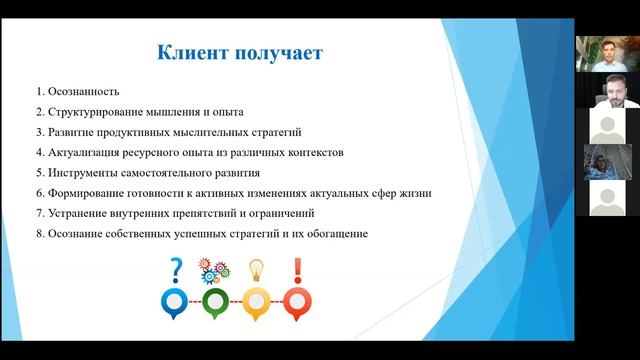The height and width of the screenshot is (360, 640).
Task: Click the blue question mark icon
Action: (x=177, y=268)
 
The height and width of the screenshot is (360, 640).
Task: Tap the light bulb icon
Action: (x=256, y=270)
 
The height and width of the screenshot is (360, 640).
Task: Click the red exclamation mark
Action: (x=297, y=269)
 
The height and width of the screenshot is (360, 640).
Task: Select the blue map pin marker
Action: (x=177, y=302)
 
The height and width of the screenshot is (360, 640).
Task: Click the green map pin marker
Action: (x=215, y=302)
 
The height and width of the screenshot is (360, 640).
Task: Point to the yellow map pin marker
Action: (x=256, y=302)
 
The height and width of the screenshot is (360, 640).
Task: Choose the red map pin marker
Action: (x=296, y=302)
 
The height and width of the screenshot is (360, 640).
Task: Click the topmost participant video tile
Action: (x=607, y=53)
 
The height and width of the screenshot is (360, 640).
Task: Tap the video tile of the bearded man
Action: (x=607, y=90)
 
